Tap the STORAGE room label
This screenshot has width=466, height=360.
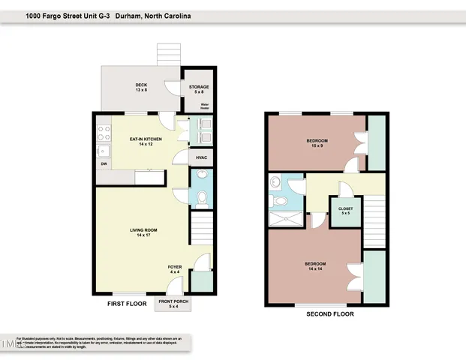[199, 88]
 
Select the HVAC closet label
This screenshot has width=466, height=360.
[201, 157]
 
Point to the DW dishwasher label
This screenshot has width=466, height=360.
[104, 163]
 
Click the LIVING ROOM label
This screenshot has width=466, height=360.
[141, 233]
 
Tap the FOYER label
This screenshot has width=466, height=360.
[174, 269]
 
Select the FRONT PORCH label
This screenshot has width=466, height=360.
[173, 304]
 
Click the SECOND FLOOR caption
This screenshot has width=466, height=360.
[329, 314]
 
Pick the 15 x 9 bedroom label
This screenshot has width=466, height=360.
[317, 143]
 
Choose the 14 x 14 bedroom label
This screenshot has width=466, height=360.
[315, 266]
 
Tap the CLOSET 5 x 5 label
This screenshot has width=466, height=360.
[346, 211]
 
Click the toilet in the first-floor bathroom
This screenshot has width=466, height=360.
[201, 198]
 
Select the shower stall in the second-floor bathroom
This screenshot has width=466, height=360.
[286, 219]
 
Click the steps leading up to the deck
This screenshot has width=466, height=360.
[167, 54]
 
